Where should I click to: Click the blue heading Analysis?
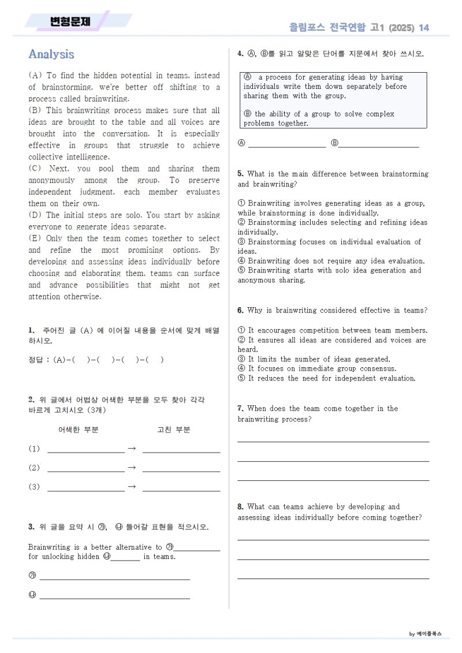51,54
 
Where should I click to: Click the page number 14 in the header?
424,28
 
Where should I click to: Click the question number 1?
31,330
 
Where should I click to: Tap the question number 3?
31,527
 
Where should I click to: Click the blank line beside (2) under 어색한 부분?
85,471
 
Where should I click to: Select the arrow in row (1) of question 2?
131,449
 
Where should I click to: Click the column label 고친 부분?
173,430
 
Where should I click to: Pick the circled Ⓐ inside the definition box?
248,77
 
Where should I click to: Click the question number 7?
240,409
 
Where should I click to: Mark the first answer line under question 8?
333,539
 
